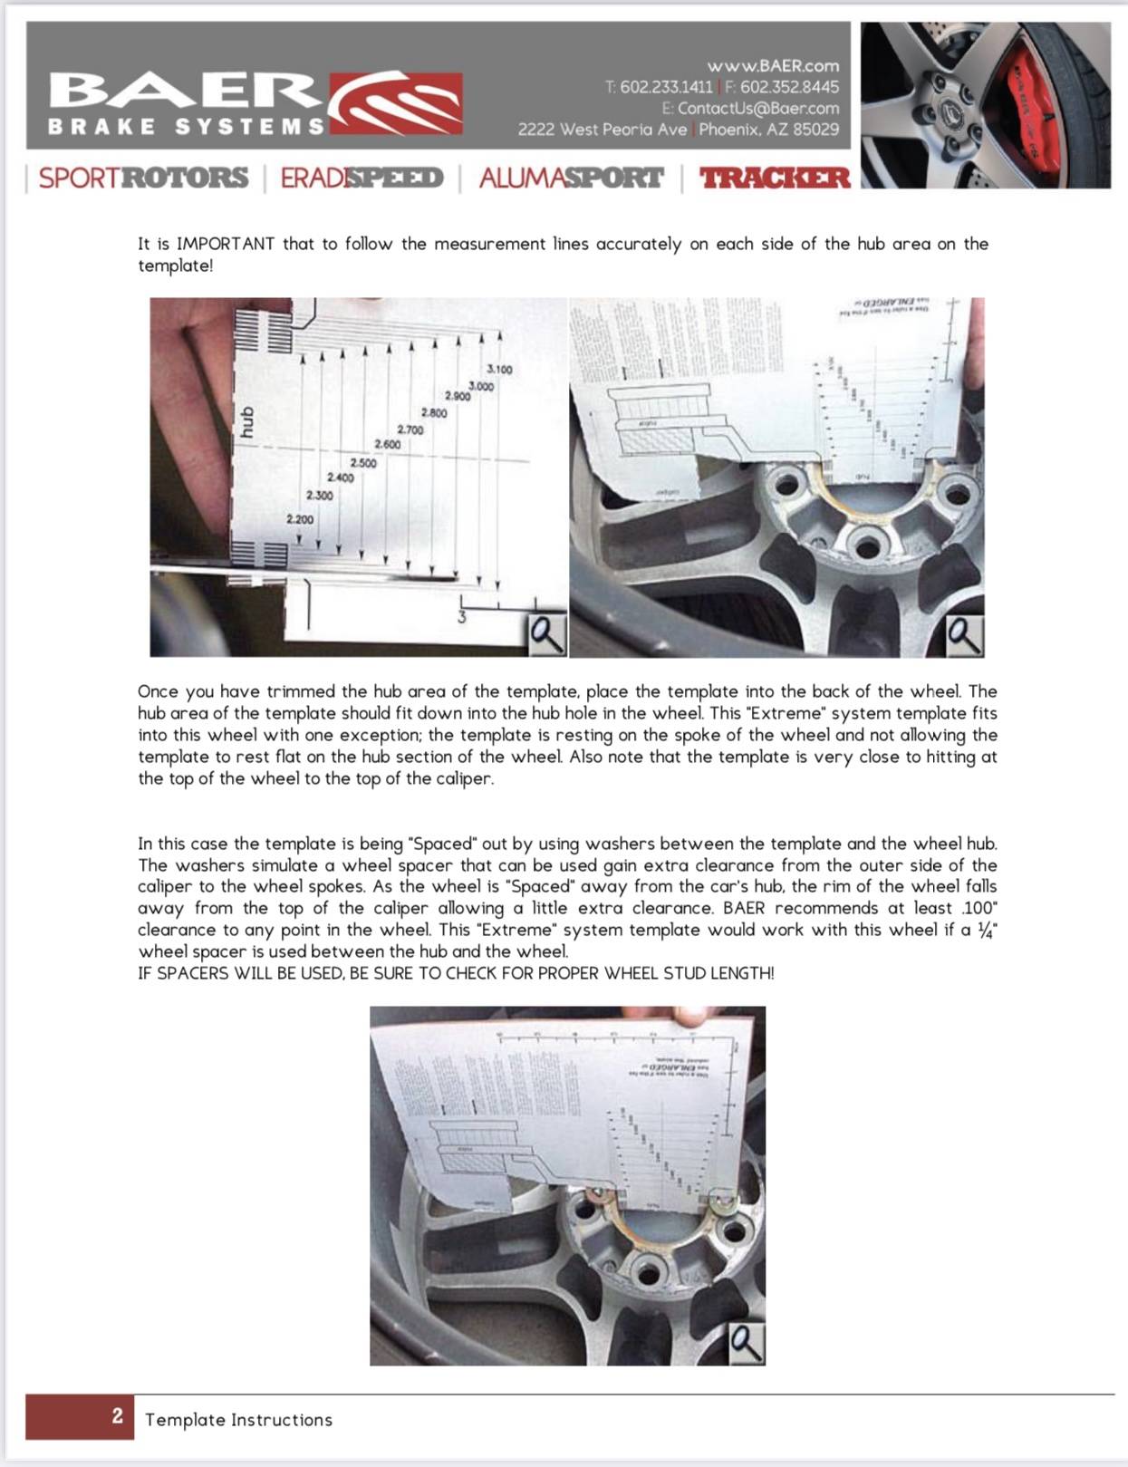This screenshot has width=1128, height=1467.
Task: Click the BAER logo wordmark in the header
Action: [186, 91]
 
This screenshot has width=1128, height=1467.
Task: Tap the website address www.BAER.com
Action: [773, 65]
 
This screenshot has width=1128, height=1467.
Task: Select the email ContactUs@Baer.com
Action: [758, 108]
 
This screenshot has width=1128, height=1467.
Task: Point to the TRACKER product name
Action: [775, 178]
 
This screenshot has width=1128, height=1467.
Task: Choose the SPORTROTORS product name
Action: [143, 178]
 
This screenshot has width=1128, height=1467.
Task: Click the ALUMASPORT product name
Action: [571, 178]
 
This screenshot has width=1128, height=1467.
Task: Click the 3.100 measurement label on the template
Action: [499, 369]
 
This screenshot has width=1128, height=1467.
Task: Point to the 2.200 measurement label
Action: [300, 519]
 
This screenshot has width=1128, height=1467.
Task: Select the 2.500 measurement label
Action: [363, 463]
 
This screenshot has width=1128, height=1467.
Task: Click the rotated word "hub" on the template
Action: [247, 422]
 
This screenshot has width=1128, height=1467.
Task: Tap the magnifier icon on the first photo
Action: [547, 634]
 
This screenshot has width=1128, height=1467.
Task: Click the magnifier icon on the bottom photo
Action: [746, 1344]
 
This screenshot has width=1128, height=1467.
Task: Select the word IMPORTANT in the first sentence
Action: [226, 244]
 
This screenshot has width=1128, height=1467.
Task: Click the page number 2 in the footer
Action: [117, 1416]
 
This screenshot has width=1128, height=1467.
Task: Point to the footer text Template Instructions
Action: [238, 1420]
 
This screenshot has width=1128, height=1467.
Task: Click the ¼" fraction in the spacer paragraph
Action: [988, 930]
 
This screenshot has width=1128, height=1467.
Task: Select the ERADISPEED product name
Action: [362, 178]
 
